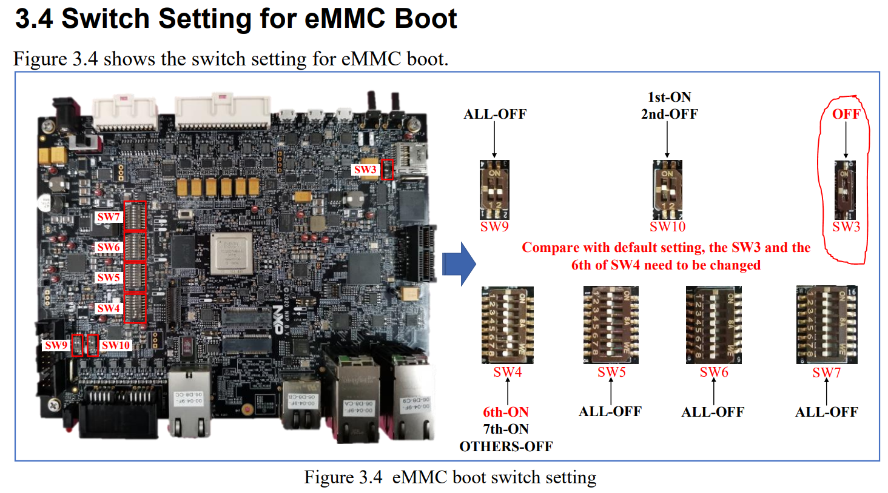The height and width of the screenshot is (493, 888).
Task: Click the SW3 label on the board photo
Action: (x=365, y=170)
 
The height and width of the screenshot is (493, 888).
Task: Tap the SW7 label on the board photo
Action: (x=109, y=216)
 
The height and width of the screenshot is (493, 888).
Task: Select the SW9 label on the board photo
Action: (x=56, y=345)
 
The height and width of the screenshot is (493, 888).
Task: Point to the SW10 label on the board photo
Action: (x=115, y=345)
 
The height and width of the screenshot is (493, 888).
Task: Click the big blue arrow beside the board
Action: (x=459, y=263)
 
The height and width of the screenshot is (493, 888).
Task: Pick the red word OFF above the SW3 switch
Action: (x=846, y=114)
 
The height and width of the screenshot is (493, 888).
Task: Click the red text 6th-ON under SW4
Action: (x=506, y=412)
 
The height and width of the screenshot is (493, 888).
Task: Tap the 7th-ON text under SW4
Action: (x=506, y=429)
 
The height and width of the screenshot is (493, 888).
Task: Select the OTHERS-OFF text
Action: (x=506, y=446)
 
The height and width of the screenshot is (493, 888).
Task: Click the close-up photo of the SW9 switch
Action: (x=494, y=190)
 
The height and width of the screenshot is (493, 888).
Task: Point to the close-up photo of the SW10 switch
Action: (x=667, y=190)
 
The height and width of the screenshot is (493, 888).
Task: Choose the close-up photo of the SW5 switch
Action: (x=611, y=325)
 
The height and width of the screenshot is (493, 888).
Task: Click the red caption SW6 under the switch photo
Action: (x=714, y=372)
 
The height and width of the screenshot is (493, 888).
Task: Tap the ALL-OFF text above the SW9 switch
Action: (x=495, y=114)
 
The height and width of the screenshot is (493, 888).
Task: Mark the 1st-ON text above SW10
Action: (x=670, y=97)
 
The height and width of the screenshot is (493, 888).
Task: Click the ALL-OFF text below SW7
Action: (x=827, y=412)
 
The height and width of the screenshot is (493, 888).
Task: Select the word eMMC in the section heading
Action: (x=345, y=18)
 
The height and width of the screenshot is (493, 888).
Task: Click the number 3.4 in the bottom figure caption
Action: (x=370, y=477)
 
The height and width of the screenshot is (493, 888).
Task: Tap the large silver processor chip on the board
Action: (x=231, y=253)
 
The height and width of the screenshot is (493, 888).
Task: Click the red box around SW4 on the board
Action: (x=135, y=308)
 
